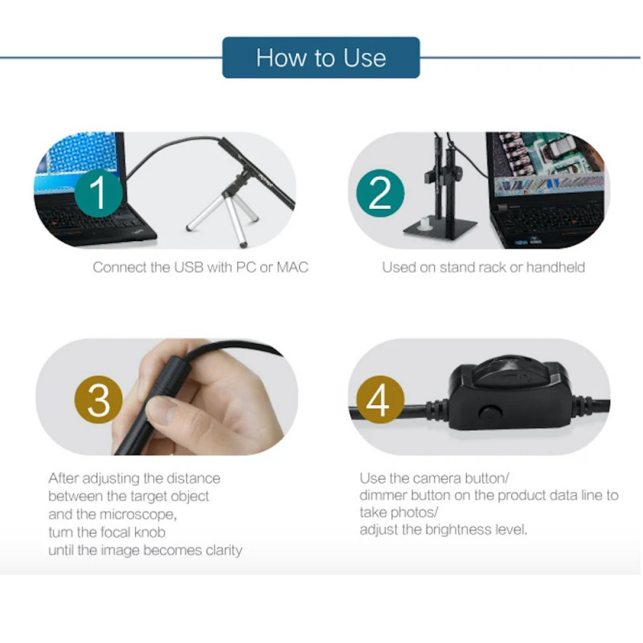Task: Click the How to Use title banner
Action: [x=321, y=58]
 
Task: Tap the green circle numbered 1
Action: [x=99, y=194]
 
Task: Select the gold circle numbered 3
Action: [x=99, y=399]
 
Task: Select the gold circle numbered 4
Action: [x=379, y=399]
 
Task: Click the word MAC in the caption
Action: [x=293, y=267]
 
